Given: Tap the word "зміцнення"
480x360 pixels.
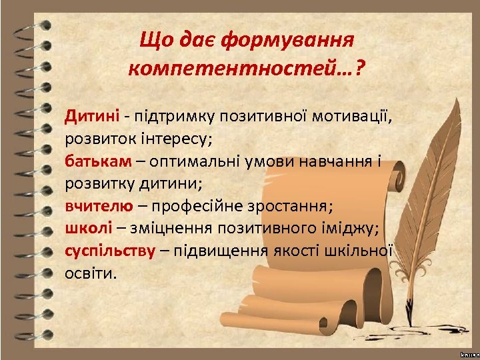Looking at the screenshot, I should [x=168, y=228].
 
